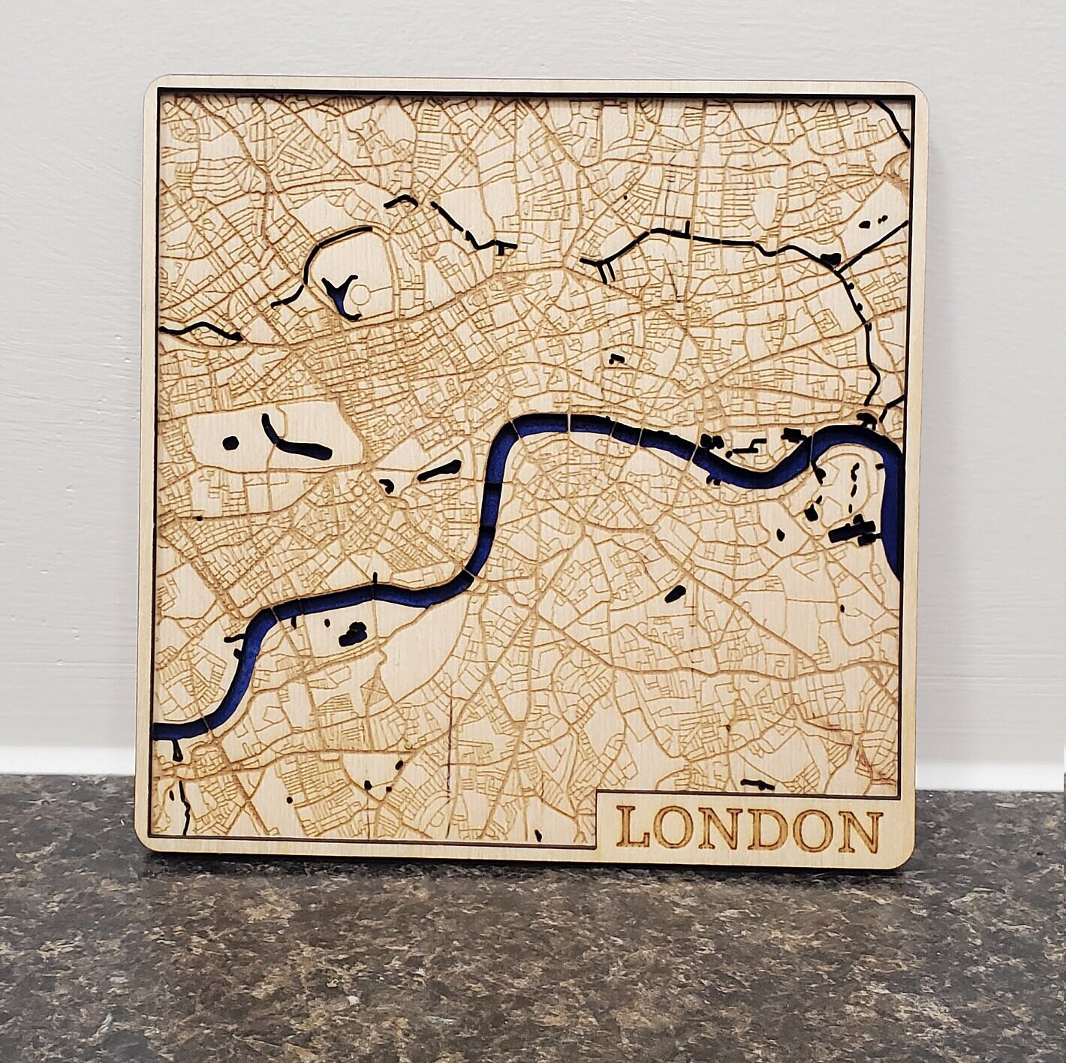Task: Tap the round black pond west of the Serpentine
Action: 231,444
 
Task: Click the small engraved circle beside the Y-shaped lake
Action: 363,295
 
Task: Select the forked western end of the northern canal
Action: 605,267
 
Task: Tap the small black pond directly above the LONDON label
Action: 757,783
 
